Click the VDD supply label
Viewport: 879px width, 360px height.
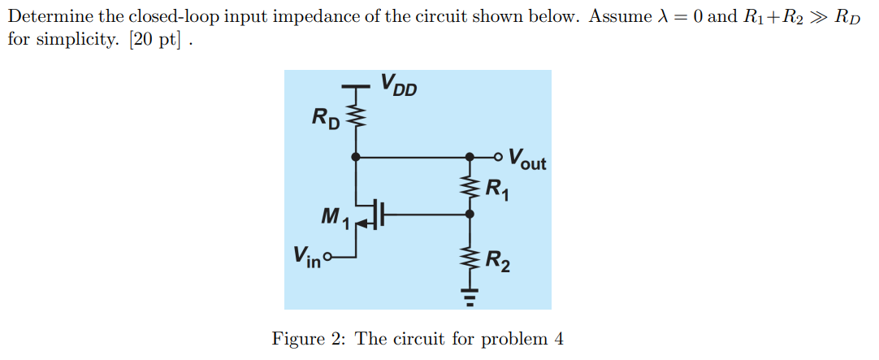[x=398, y=85]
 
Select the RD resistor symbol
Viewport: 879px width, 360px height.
[x=355, y=119]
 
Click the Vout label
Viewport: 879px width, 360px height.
[x=527, y=158]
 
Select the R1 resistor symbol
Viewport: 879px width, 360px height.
[x=470, y=189]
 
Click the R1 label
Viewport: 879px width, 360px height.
[x=497, y=191]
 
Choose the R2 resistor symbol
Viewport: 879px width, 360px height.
[x=470, y=261]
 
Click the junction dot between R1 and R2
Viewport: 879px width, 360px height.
[x=470, y=215]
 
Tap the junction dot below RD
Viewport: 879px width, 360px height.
[x=355, y=155]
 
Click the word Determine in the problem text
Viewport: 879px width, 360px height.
[x=50, y=16]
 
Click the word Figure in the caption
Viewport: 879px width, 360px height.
[x=297, y=339]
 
